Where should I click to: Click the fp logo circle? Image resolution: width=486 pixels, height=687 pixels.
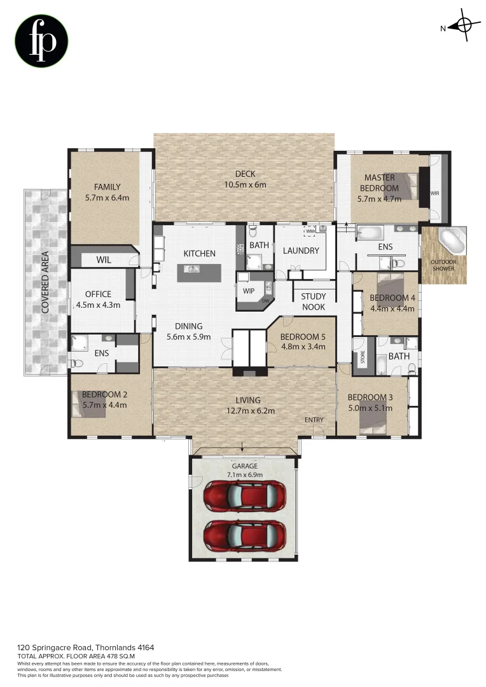[41, 41]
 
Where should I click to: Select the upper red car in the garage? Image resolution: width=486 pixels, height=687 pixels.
[244, 494]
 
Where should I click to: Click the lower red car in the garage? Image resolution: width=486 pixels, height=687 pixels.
[244, 536]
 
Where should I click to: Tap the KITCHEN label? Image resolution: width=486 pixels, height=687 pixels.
[199, 253]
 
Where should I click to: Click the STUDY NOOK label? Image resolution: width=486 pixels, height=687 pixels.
[313, 302]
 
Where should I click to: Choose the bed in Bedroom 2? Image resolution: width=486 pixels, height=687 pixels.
[91, 405]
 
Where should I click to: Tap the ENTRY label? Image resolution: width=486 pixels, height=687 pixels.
[314, 420]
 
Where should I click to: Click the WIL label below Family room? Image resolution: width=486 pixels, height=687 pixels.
[104, 260]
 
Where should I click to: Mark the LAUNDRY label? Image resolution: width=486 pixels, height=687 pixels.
[301, 251]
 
